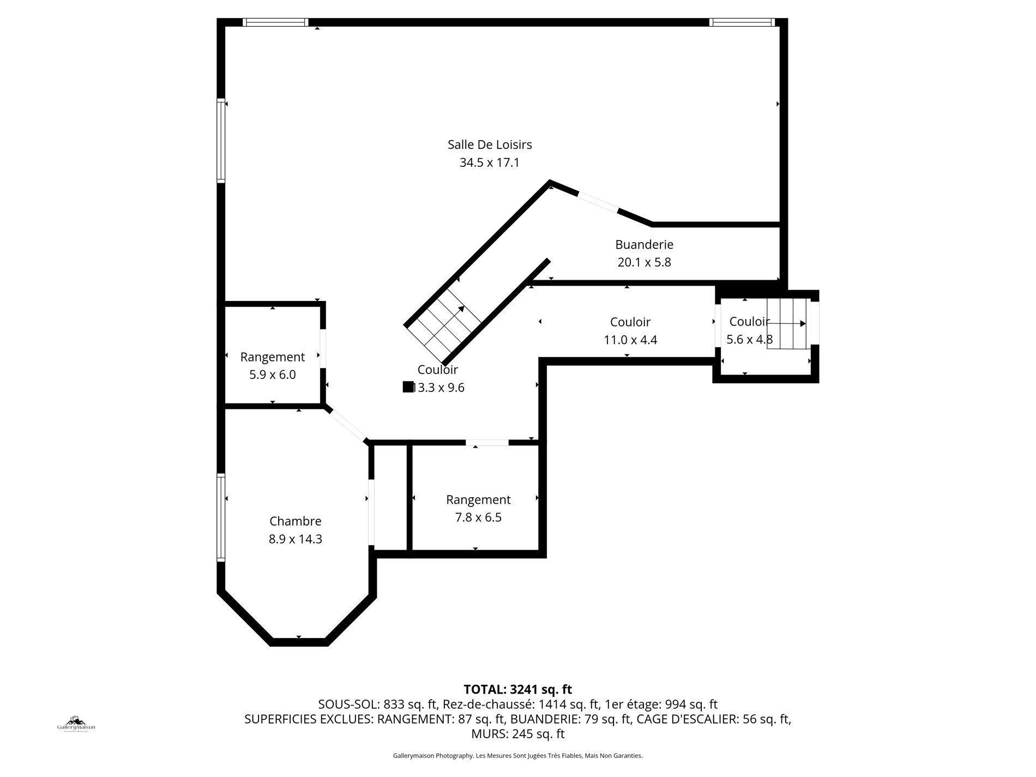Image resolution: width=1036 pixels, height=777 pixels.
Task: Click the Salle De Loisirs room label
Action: [x=490, y=144]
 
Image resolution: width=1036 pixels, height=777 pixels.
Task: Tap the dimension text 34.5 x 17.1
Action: [x=489, y=162]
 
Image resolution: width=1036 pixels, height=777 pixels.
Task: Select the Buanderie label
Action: [x=644, y=244]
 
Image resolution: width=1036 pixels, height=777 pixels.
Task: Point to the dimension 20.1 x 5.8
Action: [x=644, y=262]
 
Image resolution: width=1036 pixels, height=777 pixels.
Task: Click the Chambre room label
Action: [x=295, y=521]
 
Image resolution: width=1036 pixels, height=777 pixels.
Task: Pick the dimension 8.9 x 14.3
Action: [x=295, y=539]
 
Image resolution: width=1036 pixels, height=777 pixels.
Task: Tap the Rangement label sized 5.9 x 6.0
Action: [x=272, y=357]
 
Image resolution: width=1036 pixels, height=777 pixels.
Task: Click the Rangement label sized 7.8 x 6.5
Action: [x=478, y=499]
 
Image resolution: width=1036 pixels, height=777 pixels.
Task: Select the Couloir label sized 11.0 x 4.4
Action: [x=630, y=322]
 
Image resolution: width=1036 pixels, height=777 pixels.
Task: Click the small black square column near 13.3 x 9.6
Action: [x=407, y=387]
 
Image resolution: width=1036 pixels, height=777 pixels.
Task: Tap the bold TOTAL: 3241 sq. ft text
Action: [x=517, y=689]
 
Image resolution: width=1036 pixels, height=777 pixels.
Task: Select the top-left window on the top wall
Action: [x=275, y=22]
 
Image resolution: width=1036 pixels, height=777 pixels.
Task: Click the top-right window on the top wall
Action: [x=742, y=22]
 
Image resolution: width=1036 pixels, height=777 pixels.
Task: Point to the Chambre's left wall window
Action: [x=221, y=517]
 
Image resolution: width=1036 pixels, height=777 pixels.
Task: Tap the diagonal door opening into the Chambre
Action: [x=347, y=425]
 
